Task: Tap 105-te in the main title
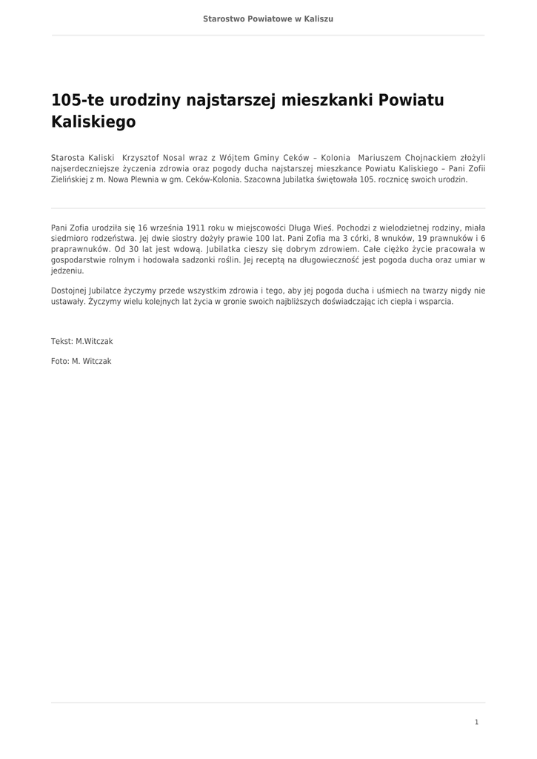tap(78, 100)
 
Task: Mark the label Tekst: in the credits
tap(62, 341)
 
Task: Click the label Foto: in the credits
tap(60, 361)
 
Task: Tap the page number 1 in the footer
tap(476, 722)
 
